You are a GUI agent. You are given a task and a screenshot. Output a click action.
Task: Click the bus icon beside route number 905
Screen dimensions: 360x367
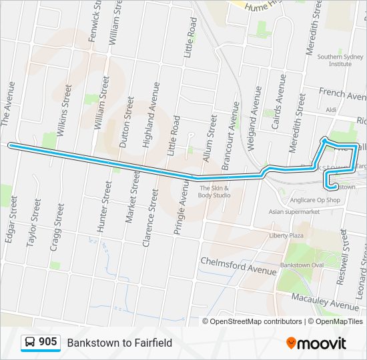tap(30, 343)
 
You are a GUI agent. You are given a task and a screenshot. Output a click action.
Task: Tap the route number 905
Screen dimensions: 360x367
tap(47, 342)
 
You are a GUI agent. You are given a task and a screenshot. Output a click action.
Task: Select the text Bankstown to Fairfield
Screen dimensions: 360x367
tap(119, 343)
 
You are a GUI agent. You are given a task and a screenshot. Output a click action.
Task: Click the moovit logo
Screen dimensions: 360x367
tap(316, 343)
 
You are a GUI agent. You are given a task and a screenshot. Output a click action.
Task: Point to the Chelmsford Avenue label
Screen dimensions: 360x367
tap(238, 266)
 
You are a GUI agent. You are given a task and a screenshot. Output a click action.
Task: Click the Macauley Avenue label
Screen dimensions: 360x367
tap(325, 301)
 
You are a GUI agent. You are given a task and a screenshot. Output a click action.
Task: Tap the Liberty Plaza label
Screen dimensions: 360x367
tap(287, 235)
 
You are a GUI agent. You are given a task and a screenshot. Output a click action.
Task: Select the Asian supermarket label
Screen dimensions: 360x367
tap(294, 212)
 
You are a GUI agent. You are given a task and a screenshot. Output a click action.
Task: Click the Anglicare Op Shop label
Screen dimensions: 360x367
tap(316, 200)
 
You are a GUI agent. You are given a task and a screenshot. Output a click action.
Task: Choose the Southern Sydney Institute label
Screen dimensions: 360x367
tap(335, 60)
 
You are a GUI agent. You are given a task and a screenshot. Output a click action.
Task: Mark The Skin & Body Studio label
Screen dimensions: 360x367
tap(214, 191)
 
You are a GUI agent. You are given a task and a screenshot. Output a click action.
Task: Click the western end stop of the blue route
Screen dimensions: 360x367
tap(9, 145)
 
